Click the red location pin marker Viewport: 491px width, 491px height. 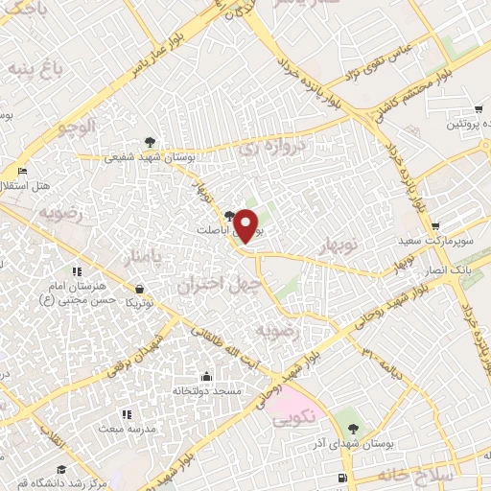(x=246, y=226)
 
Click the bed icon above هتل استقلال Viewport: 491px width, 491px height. (x=22, y=171)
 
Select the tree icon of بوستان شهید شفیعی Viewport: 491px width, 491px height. (x=148, y=142)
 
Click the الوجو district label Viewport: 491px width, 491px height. (x=77, y=126)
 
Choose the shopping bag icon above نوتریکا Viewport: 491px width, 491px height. (x=141, y=289)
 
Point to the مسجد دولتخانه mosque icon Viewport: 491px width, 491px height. (x=206, y=377)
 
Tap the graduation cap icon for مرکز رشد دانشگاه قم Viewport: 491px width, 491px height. (x=61, y=469)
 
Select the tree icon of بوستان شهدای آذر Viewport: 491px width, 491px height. (x=354, y=428)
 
